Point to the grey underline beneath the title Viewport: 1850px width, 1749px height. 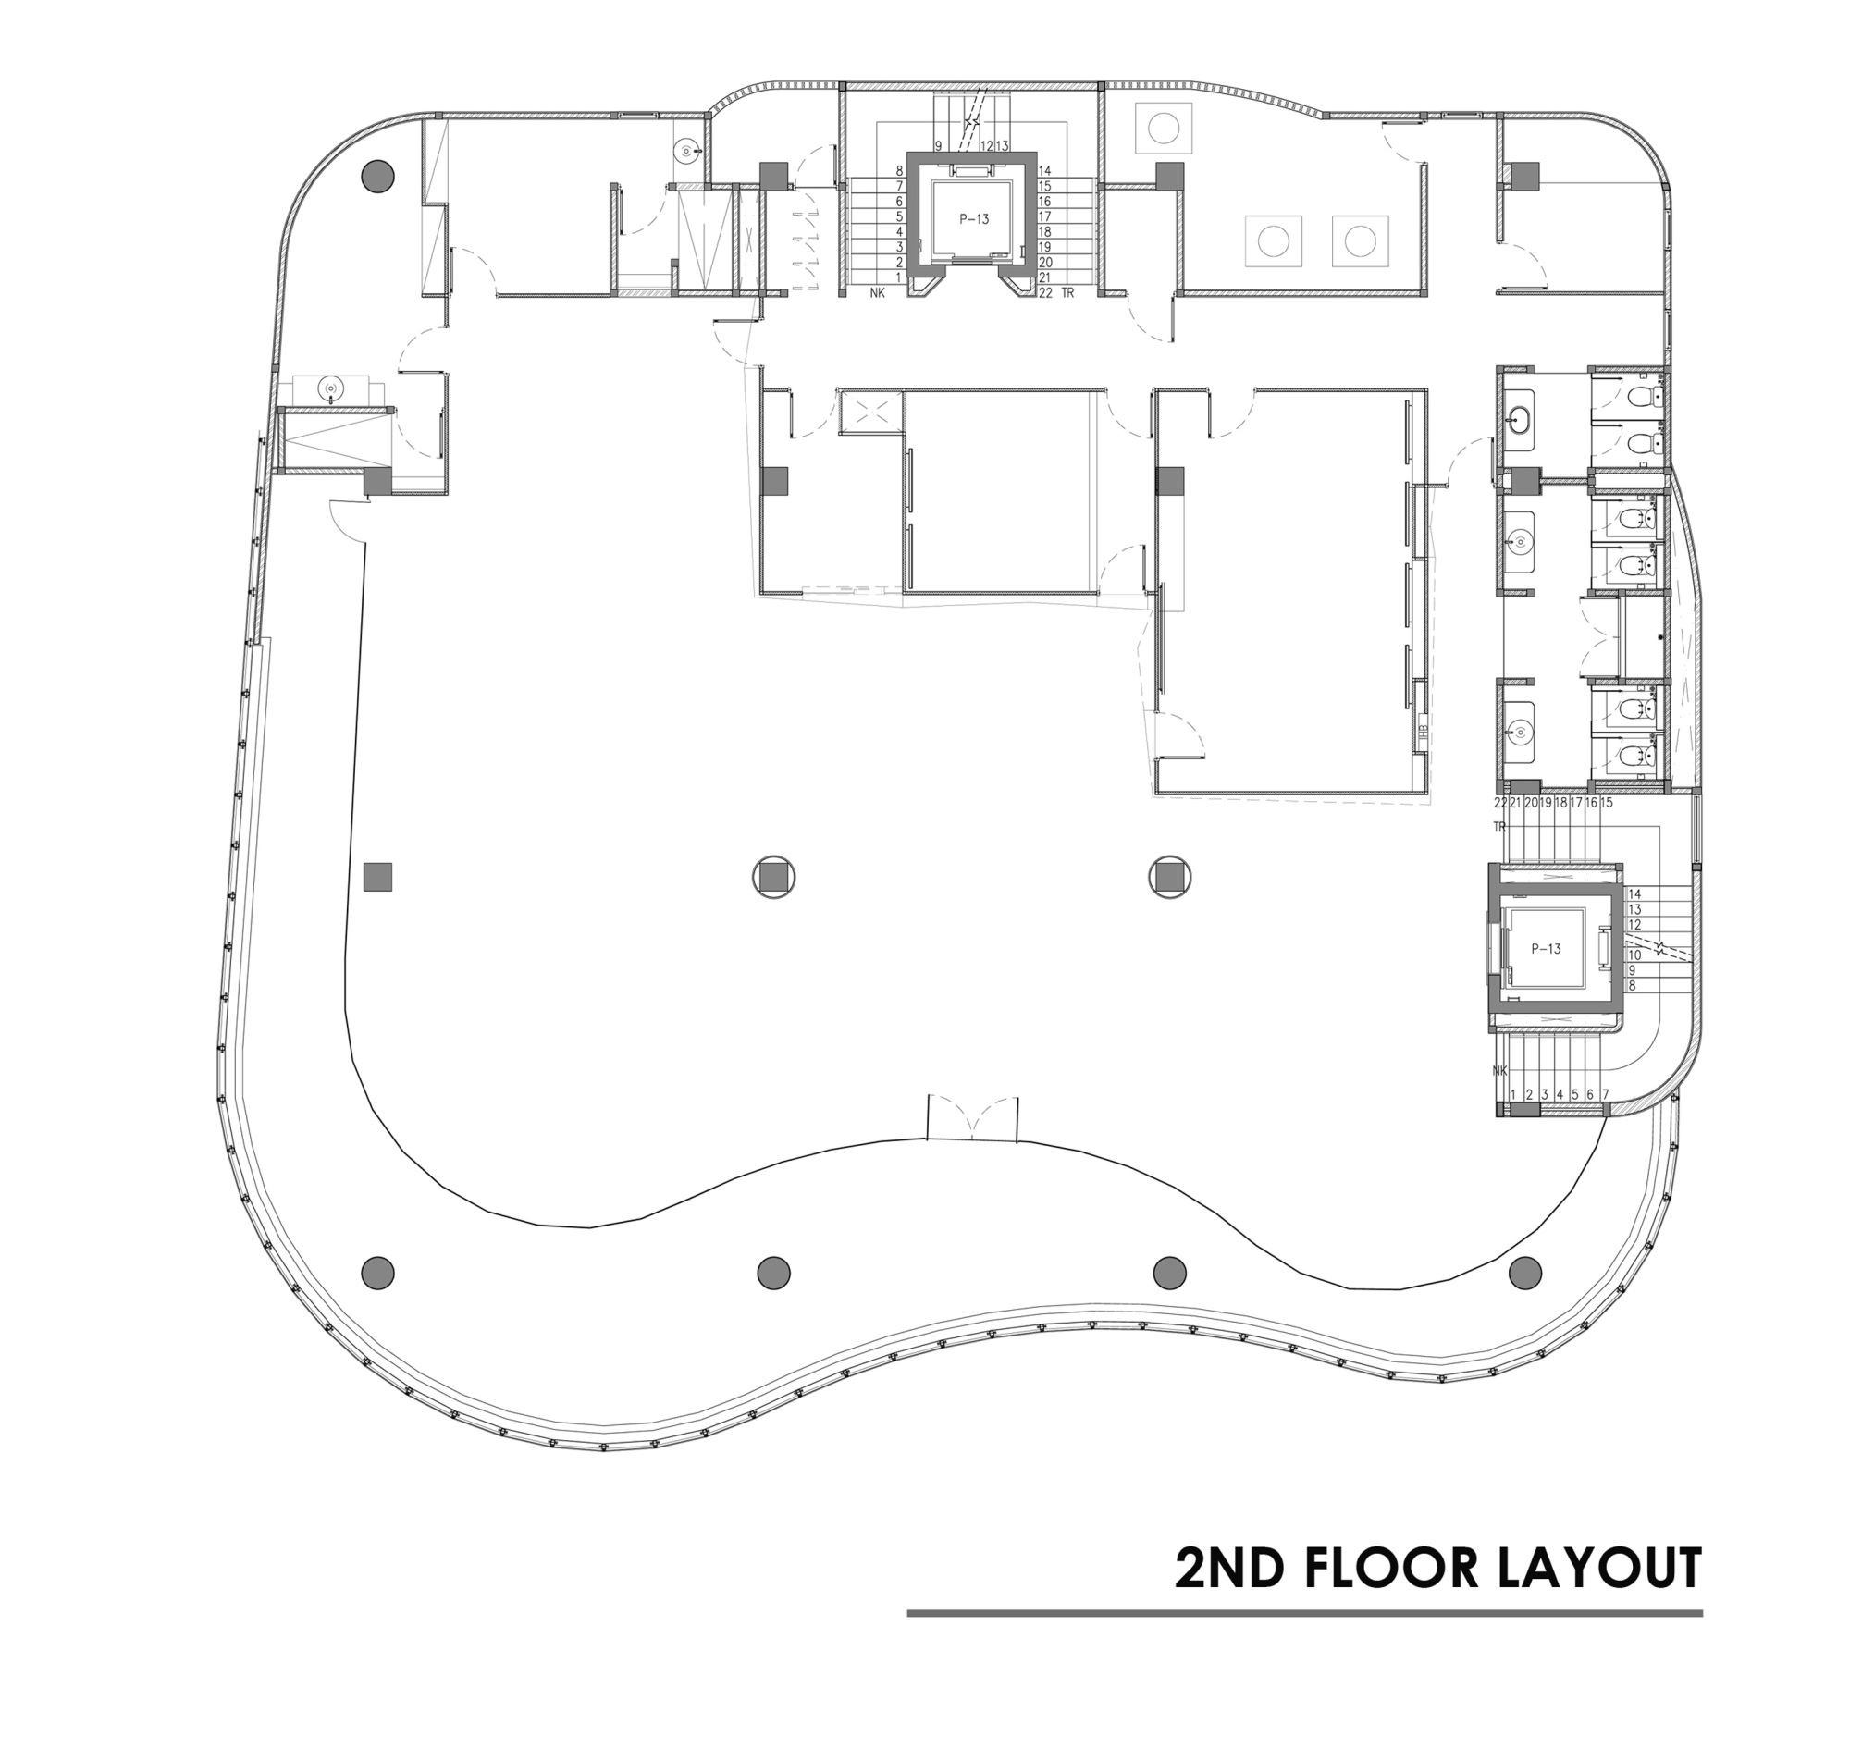(x=1304, y=1613)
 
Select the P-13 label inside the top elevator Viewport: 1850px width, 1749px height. (x=973, y=220)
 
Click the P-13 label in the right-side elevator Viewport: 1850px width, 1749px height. (x=1545, y=949)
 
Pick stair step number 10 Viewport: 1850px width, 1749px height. (x=1634, y=955)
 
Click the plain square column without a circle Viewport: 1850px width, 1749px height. (x=377, y=878)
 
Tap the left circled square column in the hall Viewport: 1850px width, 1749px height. (x=773, y=878)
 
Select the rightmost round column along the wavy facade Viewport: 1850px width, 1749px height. (x=1524, y=1272)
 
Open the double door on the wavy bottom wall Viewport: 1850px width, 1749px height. (x=971, y=1119)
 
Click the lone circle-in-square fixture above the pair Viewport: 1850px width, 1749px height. (x=1163, y=129)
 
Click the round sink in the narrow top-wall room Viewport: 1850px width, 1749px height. (x=686, y=149)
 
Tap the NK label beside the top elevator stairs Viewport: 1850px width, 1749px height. (x=877, y=293)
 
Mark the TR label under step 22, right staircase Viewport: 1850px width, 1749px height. (x=1499, y=827)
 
